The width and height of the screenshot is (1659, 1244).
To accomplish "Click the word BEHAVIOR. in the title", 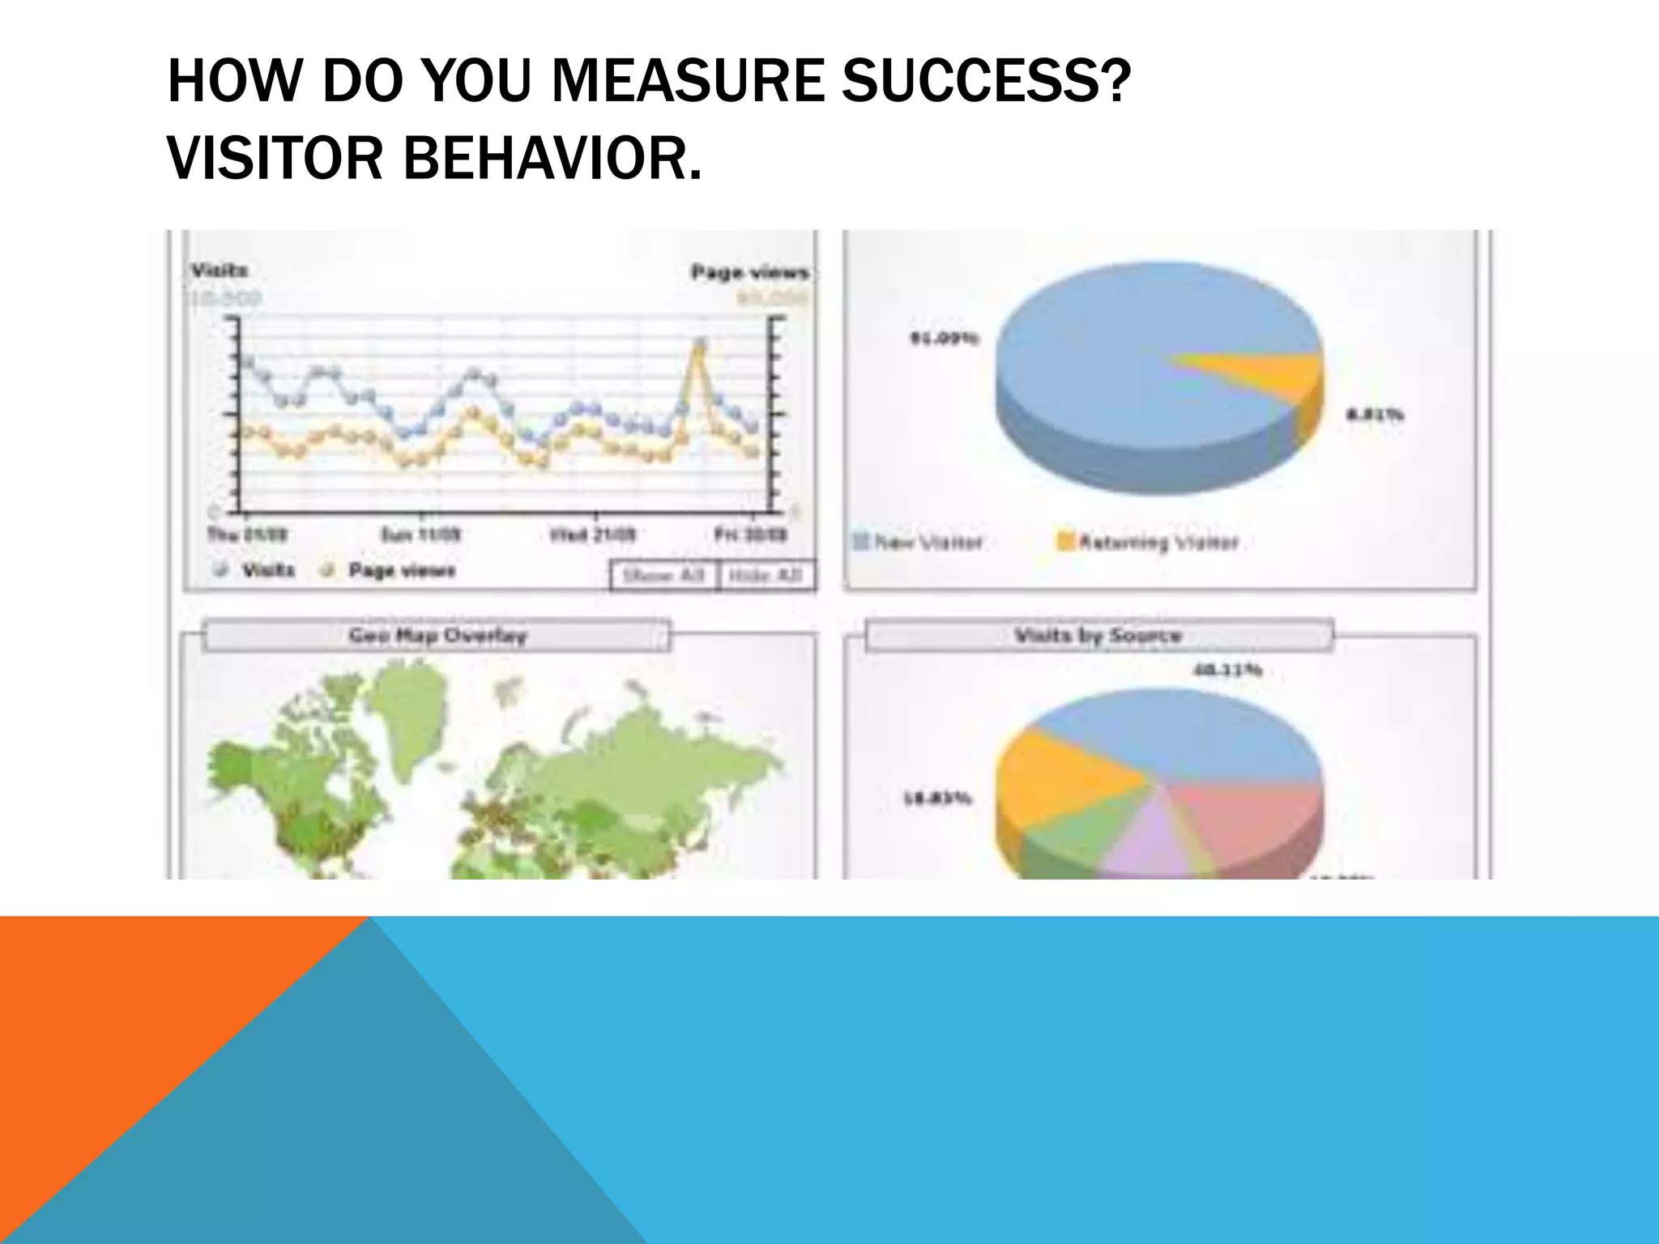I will tap(552, 157).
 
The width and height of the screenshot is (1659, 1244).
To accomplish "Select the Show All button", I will tap(663, 576).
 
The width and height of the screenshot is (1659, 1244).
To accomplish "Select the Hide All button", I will tap(766, 576).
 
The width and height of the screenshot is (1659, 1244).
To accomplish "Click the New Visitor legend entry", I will tap(919, 542).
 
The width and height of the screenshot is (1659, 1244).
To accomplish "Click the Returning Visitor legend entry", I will tap(1149, 542).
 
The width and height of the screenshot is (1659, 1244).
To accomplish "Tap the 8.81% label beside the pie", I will tap(1374, 415).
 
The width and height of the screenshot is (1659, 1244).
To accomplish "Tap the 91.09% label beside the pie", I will tap(945, 338).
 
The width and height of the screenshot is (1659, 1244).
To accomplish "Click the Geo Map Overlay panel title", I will tap(437, 636).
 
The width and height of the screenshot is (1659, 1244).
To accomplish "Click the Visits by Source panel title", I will tap(1098, 636).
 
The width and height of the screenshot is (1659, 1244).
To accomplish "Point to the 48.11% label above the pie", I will tap(1227, 670).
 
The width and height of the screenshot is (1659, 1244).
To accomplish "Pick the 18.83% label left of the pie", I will tap(937, 799).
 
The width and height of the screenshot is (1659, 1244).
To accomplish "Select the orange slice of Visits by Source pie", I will tap(1053, 777).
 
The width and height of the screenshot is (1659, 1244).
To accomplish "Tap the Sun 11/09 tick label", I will tap(420, 535).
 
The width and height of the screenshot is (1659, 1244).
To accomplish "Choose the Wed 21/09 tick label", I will tap(593, 535).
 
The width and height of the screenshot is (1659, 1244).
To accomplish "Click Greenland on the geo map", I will tap(413, 713).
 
